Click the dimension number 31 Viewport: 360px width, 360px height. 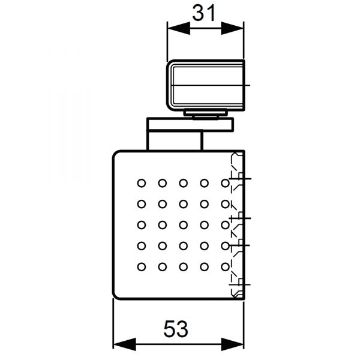(204, 13)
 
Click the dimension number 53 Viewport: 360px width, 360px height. (176, 329)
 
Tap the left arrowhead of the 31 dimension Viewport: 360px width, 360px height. (179, 28)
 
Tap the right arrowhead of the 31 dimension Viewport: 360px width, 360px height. (232, 28)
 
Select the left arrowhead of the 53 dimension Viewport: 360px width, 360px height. (125, 344)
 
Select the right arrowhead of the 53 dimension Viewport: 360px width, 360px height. (232, 344)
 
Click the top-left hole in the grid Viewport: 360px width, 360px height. (142, 183)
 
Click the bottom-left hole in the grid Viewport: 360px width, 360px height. (142, 267)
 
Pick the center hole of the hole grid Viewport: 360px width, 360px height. (183, 225)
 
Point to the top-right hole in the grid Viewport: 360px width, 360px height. (225, 183)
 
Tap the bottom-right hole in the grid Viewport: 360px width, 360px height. (225, 267)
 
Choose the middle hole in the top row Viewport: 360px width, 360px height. (183, 183)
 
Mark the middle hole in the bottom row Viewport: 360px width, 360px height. (183, 267)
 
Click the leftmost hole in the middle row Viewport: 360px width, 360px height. (142, 225)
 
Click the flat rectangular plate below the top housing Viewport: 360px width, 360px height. (190, 125)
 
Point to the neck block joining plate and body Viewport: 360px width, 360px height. (175, 141)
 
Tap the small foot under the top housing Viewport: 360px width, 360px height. (205, 114)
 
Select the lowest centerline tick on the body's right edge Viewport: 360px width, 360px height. (240, 284)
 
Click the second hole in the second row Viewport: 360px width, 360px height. (163, 204)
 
